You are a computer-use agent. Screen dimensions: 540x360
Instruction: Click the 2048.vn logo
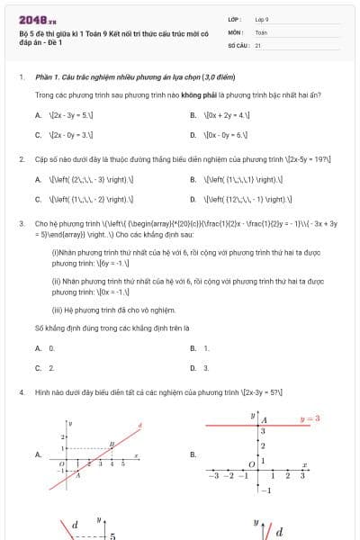[x=37, y=19]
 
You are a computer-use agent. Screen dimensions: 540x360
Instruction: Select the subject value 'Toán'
[x=261, y=31]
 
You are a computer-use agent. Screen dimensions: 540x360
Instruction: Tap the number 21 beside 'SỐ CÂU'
[x=258, y=44]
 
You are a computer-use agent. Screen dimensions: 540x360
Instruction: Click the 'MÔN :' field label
[x=237, y=31]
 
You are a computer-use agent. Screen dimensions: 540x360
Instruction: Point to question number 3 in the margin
[x=21, y=222]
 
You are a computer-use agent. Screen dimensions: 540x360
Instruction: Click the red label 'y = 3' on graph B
[x=310, y=418]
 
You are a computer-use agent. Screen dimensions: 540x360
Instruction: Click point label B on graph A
[x=112, y=444]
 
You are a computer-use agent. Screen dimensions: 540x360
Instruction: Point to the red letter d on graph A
[x=139, y=424]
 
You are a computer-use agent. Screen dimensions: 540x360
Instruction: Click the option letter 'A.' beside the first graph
[x=39, y=454]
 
